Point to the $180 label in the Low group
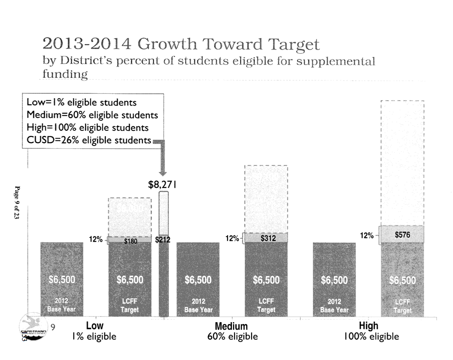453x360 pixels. click(x=130, y=241)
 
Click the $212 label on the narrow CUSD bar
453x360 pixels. click(x=163, y=239)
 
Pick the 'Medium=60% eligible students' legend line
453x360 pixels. click(x=92, y=115)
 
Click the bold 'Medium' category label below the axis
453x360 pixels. click(x=231, y=327)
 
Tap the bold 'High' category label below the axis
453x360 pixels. click(x=369, y=326)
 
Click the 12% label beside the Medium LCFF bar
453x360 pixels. click(x=232, y=238)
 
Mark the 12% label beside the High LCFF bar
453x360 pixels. click(x=368, y=236)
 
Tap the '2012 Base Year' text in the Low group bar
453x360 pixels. click(x=61, y=306)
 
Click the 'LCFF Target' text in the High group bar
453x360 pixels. click(x=402, y=306)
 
